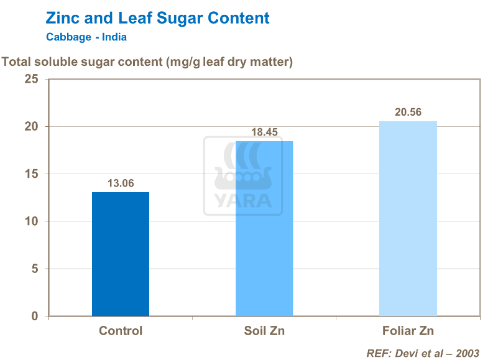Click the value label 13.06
pos(121,183)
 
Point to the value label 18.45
pos(264,132)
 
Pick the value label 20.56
pos(408,113)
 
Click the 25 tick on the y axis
pos(31,80)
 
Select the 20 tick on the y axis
pos(31,127)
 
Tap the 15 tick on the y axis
pos(31,174)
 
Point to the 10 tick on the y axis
pos(31,221)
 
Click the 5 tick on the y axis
pos(35,269)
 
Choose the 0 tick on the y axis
pos(35,316)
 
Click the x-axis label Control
pos(121,331)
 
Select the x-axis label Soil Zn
pos(264,331)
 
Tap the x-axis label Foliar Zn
pos(408,331)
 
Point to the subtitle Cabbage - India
pos(86,37)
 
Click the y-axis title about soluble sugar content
pos(148,62)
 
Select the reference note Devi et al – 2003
pos(423,353)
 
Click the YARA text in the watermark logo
pos(243,200)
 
